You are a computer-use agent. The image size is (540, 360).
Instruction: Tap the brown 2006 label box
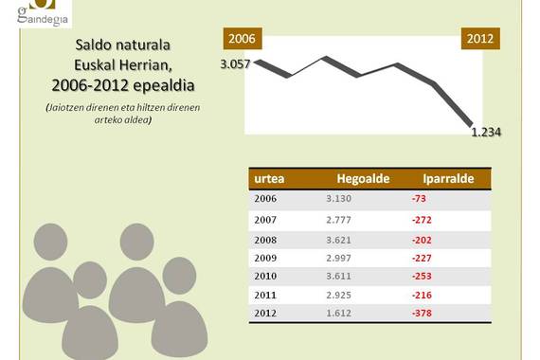click(243, 38)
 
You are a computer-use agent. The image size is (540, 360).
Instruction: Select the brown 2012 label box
click(480, 38)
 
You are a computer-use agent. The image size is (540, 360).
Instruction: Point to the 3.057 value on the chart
click(235, 63)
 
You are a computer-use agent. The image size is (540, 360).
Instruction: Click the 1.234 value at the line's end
click(486, 132)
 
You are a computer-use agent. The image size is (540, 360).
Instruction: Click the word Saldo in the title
click(91, 45)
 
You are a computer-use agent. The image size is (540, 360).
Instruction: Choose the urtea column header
click(269, 178)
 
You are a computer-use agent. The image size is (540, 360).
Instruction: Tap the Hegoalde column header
click(363, 178)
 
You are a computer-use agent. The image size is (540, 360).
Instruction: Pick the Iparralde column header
click(448, 178)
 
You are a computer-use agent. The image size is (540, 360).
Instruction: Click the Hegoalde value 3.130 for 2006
click(338, 198)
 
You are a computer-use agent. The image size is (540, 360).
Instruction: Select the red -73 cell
click(419, 198)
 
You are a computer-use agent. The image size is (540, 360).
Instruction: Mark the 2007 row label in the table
click(265, 220)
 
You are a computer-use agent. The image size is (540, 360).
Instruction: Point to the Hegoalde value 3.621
click(338, 240)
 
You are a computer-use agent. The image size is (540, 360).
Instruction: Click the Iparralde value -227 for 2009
click(422, 258)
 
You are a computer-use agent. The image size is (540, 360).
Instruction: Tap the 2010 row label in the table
click(265, 276)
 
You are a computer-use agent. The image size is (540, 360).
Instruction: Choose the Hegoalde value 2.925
click(338, 295)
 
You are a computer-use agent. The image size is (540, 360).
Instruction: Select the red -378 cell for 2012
click(422, 314)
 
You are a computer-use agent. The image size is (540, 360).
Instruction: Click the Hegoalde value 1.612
click(338, 314)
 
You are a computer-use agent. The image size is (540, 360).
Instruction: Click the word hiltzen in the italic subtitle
click(151, 107)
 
